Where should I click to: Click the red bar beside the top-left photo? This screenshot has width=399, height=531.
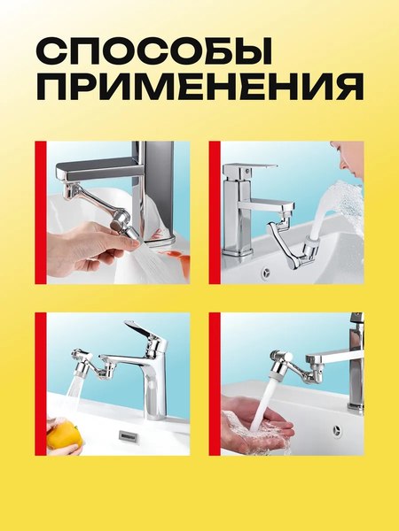pos(40,212)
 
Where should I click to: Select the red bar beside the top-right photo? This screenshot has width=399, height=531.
pos(214,212)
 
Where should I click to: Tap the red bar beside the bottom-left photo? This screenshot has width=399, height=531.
pos(40,383)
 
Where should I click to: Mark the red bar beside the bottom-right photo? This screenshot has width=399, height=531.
pos(214,383)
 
